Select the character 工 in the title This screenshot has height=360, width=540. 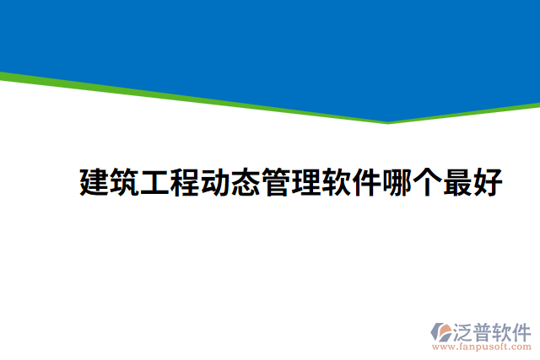[154, 182]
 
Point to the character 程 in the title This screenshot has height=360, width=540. [185, 182]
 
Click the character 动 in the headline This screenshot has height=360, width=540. [215, 182]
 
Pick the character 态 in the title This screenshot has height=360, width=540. [246, 182]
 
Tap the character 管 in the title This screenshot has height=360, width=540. [276, 182]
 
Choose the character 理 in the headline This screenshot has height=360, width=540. [306, 182]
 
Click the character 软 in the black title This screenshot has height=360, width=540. [337, 182]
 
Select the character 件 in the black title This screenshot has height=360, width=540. [367, 182]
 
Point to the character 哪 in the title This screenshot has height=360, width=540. [397, 182]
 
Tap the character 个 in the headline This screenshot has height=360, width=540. [428, 182]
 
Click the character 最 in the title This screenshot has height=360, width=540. [458, 182]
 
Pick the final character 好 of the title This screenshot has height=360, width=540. [489, 182]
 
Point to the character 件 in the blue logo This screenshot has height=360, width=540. [524, 330]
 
